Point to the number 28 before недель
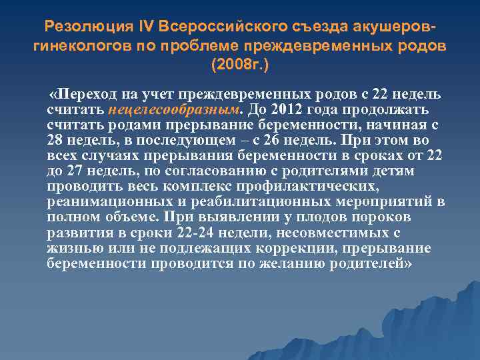[55, 141]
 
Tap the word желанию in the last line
[297, 264]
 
